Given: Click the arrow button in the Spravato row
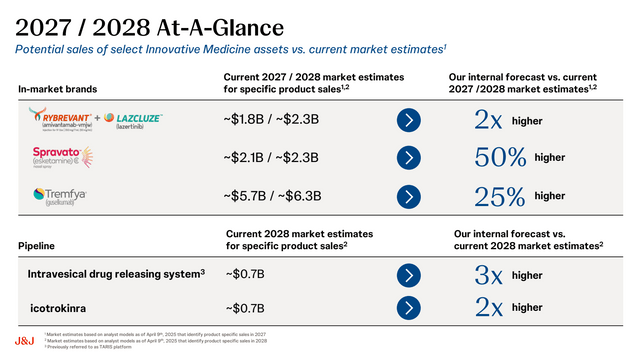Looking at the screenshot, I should pyautogui.click(x=409, y=158).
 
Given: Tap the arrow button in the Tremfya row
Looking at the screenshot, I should pyautogui.click(x=409, y=194).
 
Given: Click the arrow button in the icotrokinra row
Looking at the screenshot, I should pyautogui.click(x=409, y=306).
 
